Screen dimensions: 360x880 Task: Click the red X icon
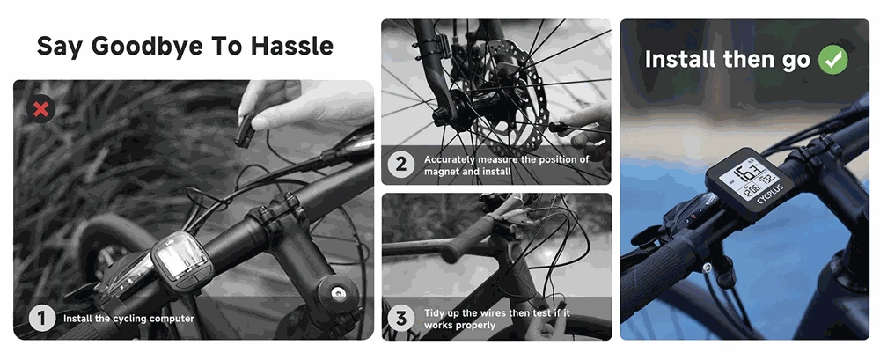pyautogui.click(x=40, y=109)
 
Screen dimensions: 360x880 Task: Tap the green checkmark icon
pyautogui.click(x=832, y=60)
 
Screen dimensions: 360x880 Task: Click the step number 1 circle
pyautogui.click(x=41, y=318)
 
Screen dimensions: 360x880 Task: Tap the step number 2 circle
pyautogui.click(x=402, y=165)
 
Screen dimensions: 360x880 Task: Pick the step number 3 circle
pyautogui.click(x=402, y=319)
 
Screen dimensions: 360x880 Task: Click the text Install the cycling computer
pyautogui.click(x=128, y=319)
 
